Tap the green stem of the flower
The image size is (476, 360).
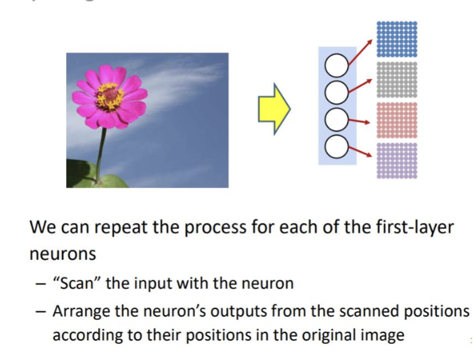[99, 151]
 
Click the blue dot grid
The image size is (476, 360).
[397, 38]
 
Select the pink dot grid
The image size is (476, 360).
[397, 120]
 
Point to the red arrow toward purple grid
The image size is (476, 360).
[361, 151]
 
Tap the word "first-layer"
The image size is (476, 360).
[417, 227]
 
